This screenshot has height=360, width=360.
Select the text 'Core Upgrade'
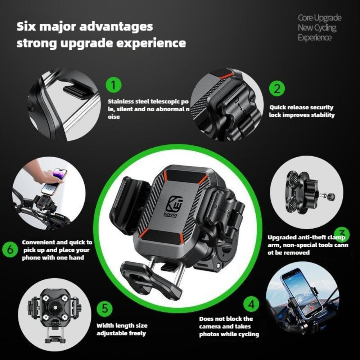[319, 18]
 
